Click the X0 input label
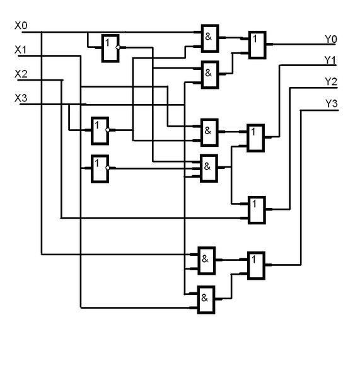(x=21, y=26)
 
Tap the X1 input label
(x=21, y=50)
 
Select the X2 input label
(x=21, y=74)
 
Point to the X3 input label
(x=21, y=98)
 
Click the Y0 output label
(x=331, y=39)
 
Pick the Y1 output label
(x=330, y=60)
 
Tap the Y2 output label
(x=331, y=82)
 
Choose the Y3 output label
(x=332, y=103)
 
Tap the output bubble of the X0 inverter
(x=118, y=47)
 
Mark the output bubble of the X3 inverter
(x=108, y=130)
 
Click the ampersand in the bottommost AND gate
(x=204, y=298)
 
